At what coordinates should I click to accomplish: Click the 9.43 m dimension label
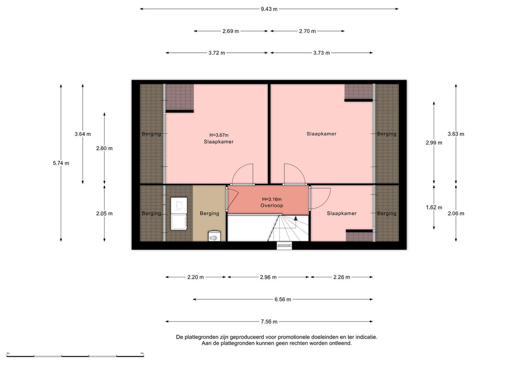(269, 9)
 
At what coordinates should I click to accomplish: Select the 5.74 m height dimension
(61, 163)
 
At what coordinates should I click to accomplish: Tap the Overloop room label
(272, 205)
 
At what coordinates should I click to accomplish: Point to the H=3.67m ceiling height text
(219, 135)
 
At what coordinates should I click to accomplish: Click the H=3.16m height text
(272, 199)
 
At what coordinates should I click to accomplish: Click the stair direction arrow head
(296, 218)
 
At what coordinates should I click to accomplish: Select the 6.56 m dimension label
(283, 299)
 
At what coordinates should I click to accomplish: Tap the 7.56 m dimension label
(269, 322)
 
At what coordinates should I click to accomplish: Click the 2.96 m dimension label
(268, 277)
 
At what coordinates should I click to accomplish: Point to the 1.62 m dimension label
(434, 207)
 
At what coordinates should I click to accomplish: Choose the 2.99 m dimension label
(434, 142)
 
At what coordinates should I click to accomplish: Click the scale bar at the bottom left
(75, 356)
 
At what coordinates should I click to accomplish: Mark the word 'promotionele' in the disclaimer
(292, 337)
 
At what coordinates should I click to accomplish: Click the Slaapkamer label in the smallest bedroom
(341, 213)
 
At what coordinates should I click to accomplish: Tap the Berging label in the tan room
(209, 213)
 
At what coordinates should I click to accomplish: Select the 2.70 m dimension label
(307, 31)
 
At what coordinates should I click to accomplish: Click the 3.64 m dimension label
(83, 134)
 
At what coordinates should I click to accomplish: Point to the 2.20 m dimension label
(196, 277)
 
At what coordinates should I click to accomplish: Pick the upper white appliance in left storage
(179, 205)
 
